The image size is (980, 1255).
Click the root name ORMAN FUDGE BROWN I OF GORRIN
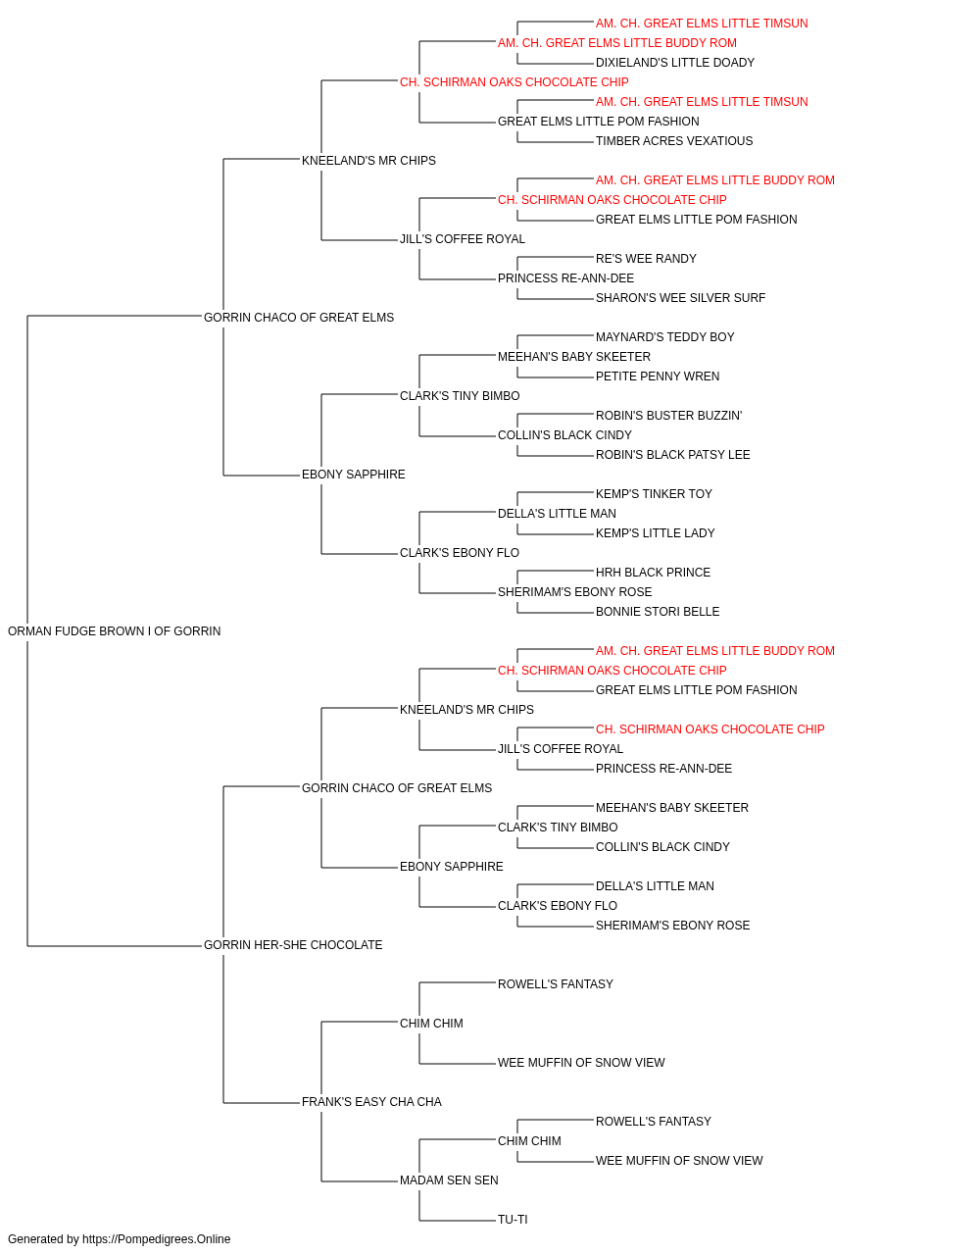click(115, 631)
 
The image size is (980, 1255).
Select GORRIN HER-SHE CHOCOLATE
click(293, 945)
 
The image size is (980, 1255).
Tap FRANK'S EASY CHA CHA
click(371, 1102)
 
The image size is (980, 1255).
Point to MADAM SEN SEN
click(449, 1180)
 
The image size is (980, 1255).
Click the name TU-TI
click(513, 1220)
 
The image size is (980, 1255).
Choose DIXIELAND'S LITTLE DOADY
click(675, 63)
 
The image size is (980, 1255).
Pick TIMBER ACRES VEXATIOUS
click(674, 141)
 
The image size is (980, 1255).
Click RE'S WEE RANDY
click(646, 259)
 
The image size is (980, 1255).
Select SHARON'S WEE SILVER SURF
click(680, 298)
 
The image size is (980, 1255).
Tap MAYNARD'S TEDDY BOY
click(664, 337)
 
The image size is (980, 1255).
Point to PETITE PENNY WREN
click(658, 376)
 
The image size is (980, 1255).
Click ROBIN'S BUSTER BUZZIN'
click(669, 416)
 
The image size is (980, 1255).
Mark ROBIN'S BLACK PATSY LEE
click(673, 455)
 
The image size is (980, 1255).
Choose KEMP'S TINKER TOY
click(654, 494)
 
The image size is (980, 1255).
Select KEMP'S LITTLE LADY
click(655, 533)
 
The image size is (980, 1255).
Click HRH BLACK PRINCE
click(653, 573)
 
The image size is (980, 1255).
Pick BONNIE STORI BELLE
click(658, 612)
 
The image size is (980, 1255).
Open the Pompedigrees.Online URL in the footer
click(157, 1239)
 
